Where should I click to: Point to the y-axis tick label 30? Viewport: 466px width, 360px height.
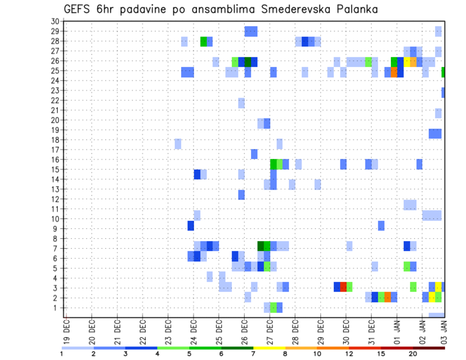(x=55, y=21)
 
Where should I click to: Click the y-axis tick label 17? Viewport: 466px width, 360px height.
(x=55, y=149)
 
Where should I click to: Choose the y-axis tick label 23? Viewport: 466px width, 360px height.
(x=55, y=90)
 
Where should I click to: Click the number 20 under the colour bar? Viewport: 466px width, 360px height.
(x=413, y=354)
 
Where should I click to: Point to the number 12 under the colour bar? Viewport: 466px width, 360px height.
(x=349, y=354)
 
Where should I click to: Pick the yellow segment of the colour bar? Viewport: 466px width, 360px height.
(x=269, y=347)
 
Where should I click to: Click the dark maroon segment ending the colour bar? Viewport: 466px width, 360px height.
(x=429, y=347)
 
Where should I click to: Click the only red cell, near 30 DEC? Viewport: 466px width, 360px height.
(x=343, y=287)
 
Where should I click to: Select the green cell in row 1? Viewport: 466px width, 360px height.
(x=273, y=307)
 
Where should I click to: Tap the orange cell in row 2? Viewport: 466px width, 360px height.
(x=387, y=297)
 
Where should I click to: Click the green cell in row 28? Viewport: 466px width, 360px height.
(x=203, y=41)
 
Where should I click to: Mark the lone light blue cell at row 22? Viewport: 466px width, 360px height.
(x=241, y=103)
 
